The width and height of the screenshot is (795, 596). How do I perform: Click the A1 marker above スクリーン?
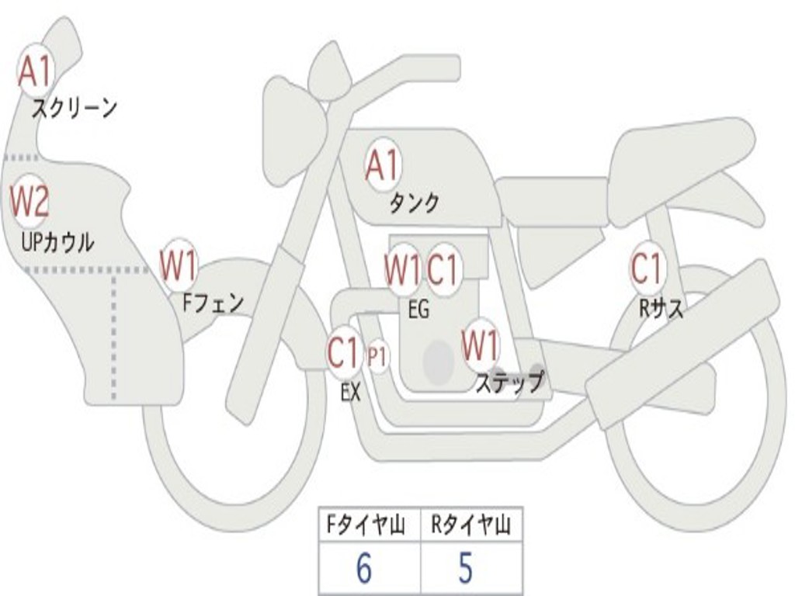35,72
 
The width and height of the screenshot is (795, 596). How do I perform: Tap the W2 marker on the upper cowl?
30,202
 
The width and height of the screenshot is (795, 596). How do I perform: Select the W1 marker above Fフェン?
179,265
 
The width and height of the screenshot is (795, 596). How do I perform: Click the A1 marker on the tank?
382,165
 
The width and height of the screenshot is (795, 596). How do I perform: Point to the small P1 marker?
377,358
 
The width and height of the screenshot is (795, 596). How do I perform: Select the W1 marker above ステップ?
481,345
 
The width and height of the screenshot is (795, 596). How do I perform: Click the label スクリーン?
74,108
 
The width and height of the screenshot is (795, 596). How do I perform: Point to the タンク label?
414,203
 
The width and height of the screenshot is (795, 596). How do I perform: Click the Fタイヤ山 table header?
369,526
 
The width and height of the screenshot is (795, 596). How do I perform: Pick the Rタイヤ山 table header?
470,526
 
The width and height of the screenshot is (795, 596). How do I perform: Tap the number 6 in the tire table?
363,569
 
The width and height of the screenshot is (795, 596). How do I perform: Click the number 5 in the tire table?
465,569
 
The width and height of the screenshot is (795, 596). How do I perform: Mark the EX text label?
351,392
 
